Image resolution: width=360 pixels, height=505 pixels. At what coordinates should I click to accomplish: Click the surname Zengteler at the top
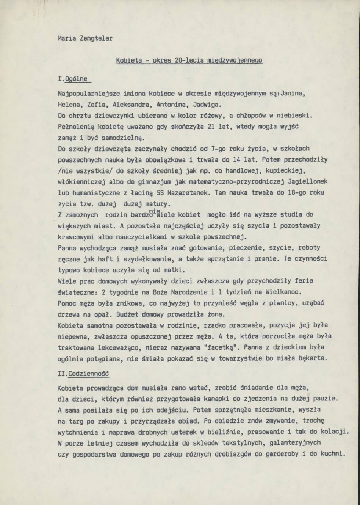tap(94, 38)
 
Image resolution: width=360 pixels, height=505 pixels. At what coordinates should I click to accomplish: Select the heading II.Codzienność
tap(83, 374)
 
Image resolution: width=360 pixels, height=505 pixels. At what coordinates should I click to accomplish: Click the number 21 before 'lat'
tap(211, 126)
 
